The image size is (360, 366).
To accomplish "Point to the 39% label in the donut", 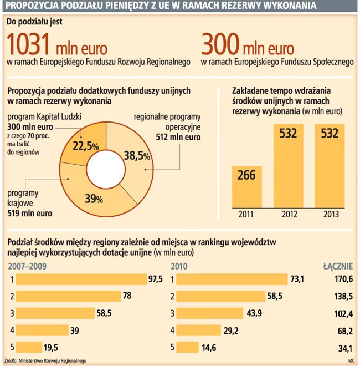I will [94, 197].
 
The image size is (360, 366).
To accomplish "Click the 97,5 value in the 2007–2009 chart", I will [155, 279].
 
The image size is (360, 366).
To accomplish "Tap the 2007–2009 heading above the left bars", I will [28, 266].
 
